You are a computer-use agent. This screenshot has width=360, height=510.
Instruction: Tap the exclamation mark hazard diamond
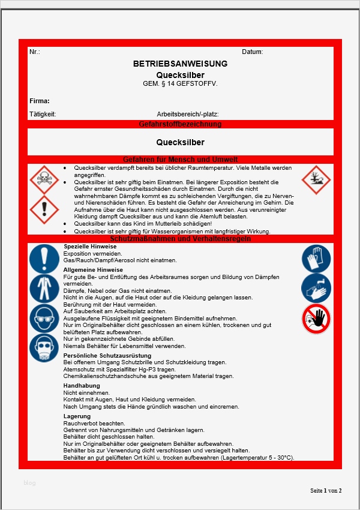44,209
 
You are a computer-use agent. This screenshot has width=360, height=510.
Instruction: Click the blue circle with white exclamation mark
44,259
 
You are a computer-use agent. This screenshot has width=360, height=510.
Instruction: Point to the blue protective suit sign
44,289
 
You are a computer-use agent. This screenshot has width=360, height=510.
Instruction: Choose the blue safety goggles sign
44,318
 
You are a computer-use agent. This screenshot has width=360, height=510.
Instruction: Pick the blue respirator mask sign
44,348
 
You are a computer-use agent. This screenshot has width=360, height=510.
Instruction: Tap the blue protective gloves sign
316,259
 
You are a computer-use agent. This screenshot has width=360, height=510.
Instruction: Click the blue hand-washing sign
316,289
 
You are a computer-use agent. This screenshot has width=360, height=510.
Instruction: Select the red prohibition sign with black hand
316,319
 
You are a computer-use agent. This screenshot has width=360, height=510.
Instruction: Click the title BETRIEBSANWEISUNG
180,64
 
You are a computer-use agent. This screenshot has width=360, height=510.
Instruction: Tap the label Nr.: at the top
35,52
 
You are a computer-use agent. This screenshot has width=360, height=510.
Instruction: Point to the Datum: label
253,52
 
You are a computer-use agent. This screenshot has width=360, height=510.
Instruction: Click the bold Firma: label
40,101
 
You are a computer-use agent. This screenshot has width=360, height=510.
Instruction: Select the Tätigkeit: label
43,113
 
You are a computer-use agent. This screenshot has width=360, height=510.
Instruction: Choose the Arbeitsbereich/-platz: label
188,113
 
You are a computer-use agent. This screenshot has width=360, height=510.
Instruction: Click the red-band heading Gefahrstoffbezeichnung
180,124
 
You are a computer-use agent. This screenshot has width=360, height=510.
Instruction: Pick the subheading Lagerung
77,416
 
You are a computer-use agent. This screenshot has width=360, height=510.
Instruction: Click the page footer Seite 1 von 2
326,490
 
